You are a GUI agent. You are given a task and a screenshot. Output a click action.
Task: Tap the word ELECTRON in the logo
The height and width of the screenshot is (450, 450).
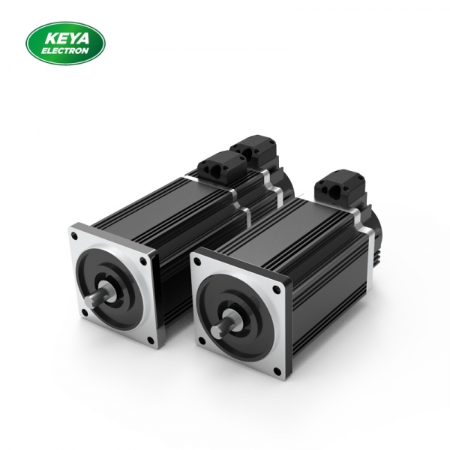pos(65,50)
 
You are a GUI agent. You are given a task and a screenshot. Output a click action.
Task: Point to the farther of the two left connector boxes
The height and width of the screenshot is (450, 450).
pos(251,149)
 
